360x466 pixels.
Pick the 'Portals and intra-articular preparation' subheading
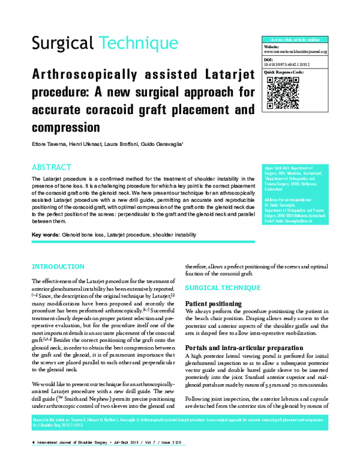[243, 348]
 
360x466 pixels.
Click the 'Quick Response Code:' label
[284, 71]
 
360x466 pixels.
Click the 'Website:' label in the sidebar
[272, 46]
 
